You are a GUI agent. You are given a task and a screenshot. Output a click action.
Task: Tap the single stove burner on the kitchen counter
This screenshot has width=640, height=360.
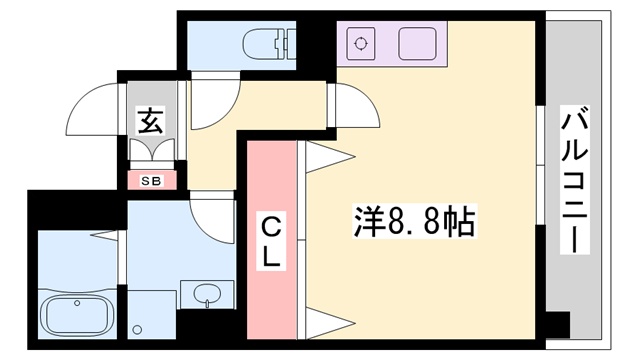tap(358, 44)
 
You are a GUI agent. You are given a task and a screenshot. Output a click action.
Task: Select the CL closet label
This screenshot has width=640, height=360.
tap(270, 240)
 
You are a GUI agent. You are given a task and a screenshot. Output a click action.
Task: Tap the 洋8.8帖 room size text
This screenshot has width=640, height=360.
tap(417, 219)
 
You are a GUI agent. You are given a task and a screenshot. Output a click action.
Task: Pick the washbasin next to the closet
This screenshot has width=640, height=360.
tap(207, 294)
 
